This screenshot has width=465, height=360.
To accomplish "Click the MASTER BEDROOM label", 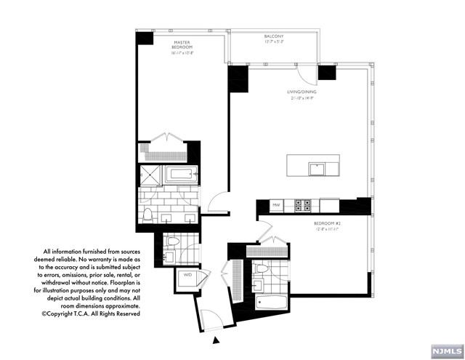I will (x=182, y=48).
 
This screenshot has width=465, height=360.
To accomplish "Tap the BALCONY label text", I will (x=274, y=39).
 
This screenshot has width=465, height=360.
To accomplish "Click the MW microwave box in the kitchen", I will (x=276, y=206).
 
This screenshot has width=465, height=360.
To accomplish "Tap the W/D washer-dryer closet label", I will (x=187, y=276).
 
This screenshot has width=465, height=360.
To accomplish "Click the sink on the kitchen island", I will (x=317, y=169).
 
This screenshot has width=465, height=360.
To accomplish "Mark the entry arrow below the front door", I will (x=214, y=340).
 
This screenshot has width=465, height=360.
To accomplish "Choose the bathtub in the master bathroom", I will (x=180, y=175).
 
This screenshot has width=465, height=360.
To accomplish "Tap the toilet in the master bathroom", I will (x=148, y=214).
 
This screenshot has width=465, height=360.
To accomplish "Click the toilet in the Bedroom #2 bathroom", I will (x=262, y=270).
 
